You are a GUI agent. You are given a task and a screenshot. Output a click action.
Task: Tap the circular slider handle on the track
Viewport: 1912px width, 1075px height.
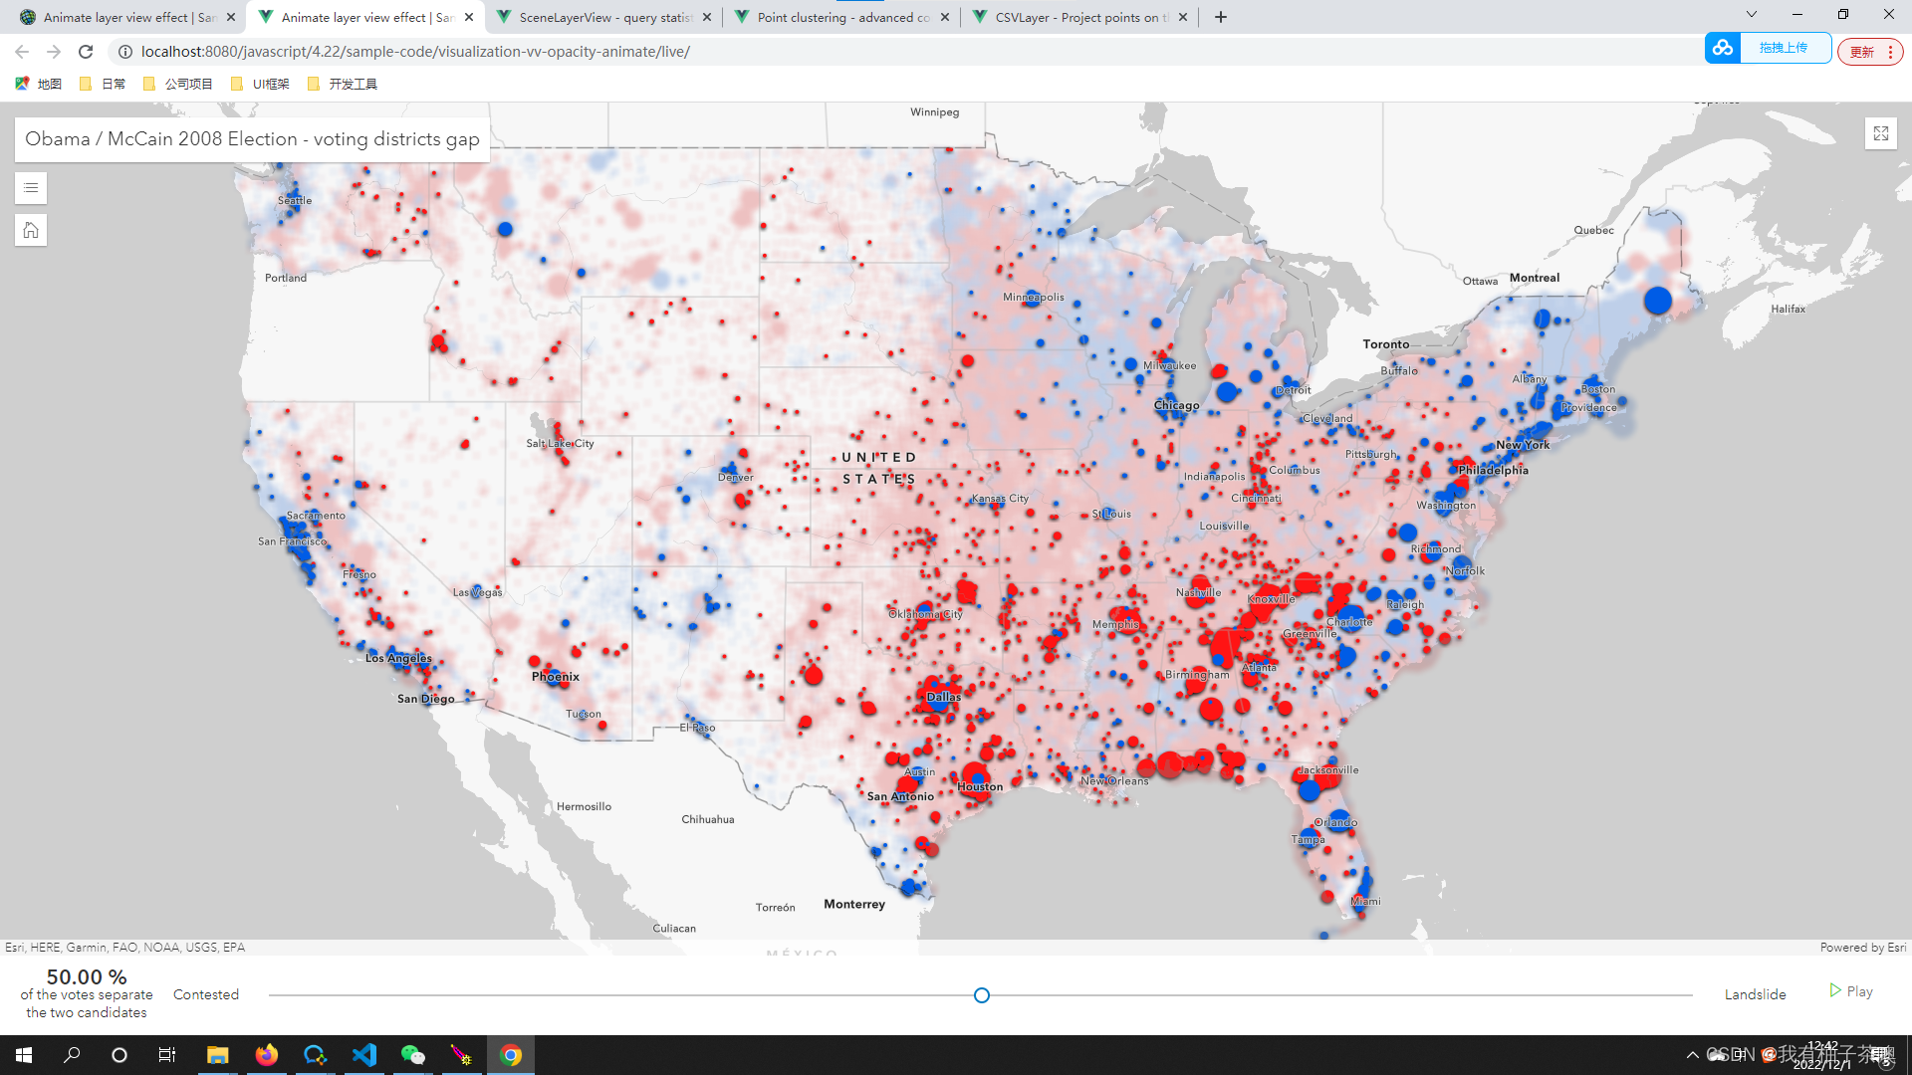tap(982, 995)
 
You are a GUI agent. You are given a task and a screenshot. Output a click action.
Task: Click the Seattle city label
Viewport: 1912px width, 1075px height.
tap(295, 201)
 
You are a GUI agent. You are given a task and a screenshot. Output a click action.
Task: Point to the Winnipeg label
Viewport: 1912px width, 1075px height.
tap(934, 112)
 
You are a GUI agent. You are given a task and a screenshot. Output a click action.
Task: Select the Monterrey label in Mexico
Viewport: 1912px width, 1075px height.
tap(853, 905)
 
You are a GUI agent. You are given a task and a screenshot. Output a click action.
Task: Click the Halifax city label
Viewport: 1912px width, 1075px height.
tap(1788, 310)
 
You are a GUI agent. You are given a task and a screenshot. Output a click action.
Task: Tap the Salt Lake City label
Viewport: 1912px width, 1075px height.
tap(560, 444)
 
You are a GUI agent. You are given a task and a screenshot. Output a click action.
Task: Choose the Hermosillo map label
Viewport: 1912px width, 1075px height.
tap(584, 807)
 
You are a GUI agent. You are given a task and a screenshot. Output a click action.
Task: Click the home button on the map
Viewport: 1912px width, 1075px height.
tap(31, 231)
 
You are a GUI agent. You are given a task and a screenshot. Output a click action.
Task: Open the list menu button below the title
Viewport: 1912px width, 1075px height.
tap(31, 188)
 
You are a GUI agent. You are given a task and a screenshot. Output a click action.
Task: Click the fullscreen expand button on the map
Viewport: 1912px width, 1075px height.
tap(1880, 133)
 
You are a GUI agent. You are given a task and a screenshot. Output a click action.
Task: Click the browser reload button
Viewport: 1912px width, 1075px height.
tap(86, 52)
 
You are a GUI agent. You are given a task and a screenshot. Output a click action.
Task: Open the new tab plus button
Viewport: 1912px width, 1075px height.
tap(1221, 17)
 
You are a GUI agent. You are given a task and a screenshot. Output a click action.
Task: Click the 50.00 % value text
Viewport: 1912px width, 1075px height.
tap(87, 977)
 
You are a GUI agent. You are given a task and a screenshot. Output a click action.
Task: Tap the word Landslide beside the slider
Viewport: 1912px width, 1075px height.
tap(1755, 995)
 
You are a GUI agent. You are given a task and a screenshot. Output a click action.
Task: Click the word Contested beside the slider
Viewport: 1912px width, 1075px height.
tap(206, 995)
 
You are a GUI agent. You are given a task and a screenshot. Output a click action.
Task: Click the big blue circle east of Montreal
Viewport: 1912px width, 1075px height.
tap(1657, 300)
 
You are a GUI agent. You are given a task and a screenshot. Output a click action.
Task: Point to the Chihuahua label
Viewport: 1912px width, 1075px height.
tap(707, 820)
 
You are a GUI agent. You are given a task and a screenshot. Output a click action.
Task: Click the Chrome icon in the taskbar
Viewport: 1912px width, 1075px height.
tap(511, 1055)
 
